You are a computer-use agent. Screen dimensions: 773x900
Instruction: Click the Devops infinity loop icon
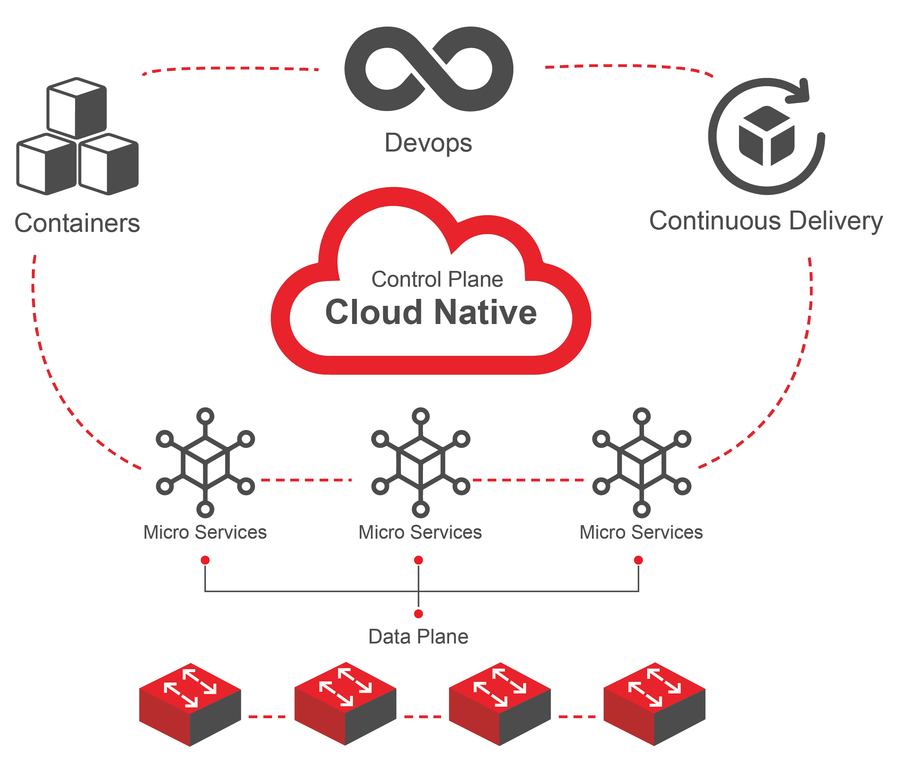429,69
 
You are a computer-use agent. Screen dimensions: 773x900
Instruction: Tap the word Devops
428,143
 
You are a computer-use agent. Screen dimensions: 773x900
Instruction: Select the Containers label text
77,223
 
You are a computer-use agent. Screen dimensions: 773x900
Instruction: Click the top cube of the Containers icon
77,108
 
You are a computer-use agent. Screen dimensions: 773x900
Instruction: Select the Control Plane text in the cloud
437,279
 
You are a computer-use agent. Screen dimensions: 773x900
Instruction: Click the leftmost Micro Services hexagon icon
205,463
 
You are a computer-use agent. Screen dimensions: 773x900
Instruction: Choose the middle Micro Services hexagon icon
420,463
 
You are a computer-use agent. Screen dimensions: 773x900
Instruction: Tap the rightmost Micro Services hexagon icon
642,463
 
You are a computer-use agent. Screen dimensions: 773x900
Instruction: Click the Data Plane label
418,636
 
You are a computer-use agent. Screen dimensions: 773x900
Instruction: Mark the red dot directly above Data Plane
418,614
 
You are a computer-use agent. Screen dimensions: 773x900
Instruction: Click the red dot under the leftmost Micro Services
205,560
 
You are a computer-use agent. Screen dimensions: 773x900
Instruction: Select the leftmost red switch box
190,704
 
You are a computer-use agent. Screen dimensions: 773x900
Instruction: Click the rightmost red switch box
654,704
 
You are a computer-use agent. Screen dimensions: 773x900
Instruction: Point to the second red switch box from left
345,704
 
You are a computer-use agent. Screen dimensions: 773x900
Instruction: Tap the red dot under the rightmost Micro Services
638,560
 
